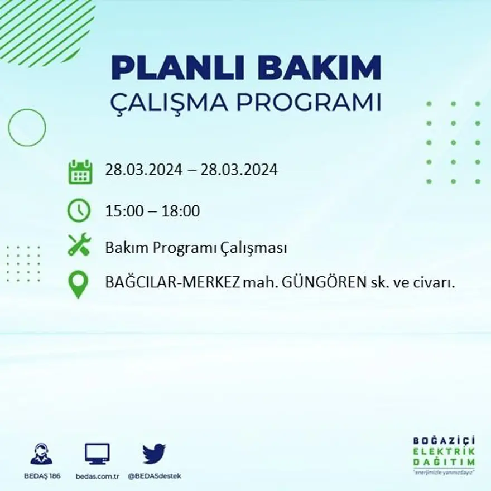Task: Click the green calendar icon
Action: tap(80, 171)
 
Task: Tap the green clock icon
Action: tap(79, 210)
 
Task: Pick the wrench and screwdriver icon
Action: tap(79, 245)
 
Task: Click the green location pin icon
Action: tap(78, 283)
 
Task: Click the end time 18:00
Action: tap(181, 211)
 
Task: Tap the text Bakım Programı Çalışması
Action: tap(196, 248)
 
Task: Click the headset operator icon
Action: tap(41, 454)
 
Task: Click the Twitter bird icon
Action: tap(154, 454)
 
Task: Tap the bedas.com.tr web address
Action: tap(97, 476)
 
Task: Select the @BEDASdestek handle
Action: tap(155, 476)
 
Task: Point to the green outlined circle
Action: tap(27, 128)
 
